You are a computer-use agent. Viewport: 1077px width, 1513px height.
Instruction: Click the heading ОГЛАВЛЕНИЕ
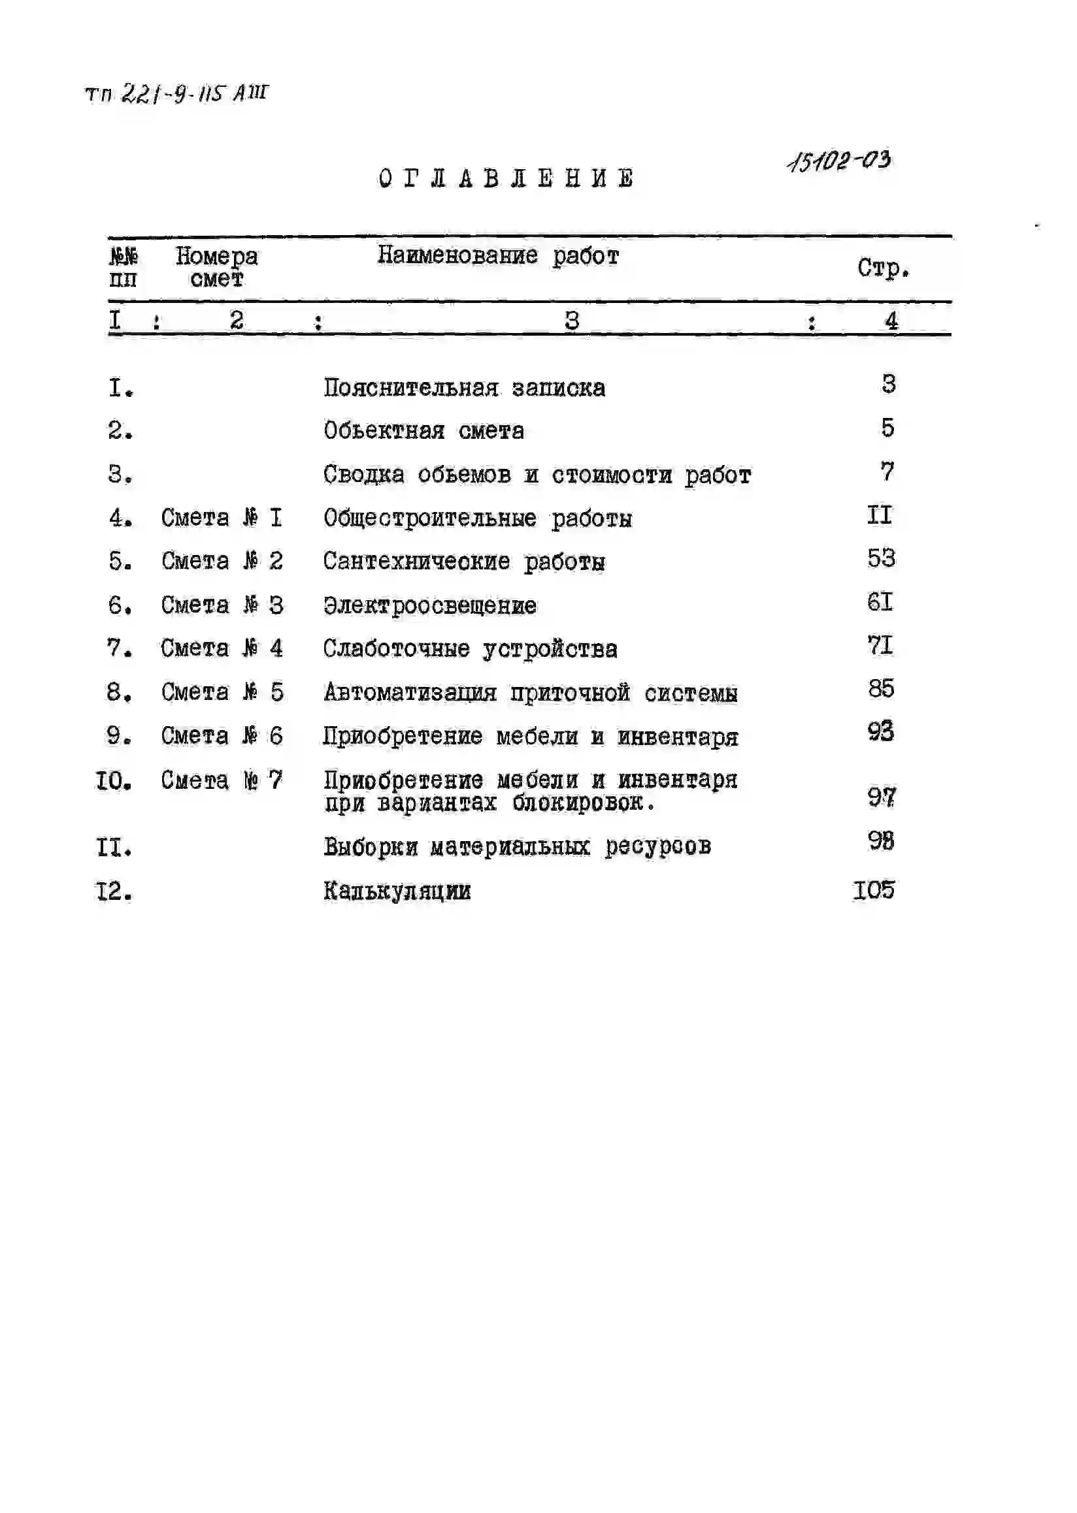pos(506,178)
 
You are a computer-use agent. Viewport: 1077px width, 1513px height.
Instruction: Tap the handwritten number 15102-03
pos(840,161)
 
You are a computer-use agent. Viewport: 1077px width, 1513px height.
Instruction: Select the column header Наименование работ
pos(498,256)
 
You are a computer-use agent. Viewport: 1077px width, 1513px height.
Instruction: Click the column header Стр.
pos(883,268)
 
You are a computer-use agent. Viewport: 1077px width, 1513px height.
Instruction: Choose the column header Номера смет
pos(217,267)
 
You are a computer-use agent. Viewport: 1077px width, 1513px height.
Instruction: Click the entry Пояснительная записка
pos(464,388)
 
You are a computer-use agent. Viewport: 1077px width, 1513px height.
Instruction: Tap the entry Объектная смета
pos(423,431)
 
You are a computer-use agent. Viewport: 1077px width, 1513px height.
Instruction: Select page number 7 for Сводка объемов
pos(887,471)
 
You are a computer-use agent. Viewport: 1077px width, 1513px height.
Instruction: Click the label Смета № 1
pos(222,518)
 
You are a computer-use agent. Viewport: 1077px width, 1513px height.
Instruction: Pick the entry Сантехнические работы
pos(463,562)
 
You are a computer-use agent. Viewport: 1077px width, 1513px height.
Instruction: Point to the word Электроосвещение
pos(430,605)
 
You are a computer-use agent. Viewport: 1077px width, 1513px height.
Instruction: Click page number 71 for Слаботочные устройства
pos(880,645)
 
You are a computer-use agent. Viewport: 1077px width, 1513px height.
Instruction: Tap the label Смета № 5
pos(222,692)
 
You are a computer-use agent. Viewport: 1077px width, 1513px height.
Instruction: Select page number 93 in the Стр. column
pos(881,731)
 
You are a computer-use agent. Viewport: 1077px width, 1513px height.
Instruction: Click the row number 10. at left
pos(114,781)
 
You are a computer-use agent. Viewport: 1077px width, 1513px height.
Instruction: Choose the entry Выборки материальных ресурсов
pos(518,846)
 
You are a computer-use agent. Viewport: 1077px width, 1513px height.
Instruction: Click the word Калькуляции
pos(397,891)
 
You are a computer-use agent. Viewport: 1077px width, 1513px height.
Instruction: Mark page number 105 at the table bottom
pos(874,890)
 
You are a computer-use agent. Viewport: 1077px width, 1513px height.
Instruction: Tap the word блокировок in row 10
pos(584,803)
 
